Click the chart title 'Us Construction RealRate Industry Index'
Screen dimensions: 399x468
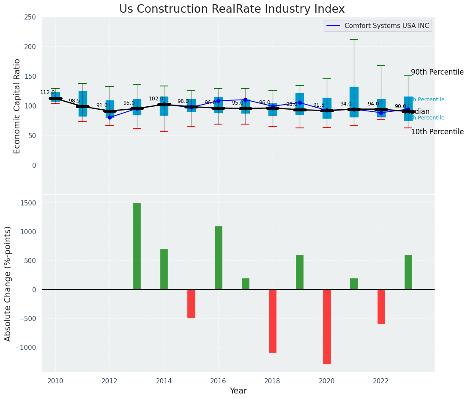pyautogui.click(x=232, y=9)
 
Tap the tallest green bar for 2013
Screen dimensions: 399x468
pyautogui.click(x=137, y=246)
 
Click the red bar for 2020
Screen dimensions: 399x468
pyautogui.click(x=327, y=327)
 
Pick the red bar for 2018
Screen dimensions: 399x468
pyautogui.click(x=273, y=321)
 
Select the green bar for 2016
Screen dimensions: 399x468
pyautogui.click(x=218, y=258)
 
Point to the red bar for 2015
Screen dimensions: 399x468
pyautogui.click(x=191, y=303)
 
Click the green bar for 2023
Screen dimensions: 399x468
pyautogui.click(x=408, y=272)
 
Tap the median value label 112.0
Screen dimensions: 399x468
pyautogui.click(x=47, y=92)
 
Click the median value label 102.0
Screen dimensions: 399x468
pyautogui.click(x=156, y=99)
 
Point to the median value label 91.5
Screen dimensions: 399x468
pyautogui.click(x=319, y=105)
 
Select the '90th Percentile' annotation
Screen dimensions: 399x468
pyautogui.click(x=437, y=72)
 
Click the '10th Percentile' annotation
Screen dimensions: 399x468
pyautogui.click(x=437, y=132)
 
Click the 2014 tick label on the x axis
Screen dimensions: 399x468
pyautogui.click(x=164, y=381)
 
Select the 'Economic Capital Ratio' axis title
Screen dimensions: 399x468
pyautogui.click(x=17, y=106)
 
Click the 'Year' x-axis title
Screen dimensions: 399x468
pyautogui.click(x=238, y=391)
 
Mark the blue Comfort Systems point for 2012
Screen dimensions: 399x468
pyautogui.click(x=110, y=117)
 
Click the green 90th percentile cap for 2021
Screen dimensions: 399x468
pyautogui.click(x=354, y=39)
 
